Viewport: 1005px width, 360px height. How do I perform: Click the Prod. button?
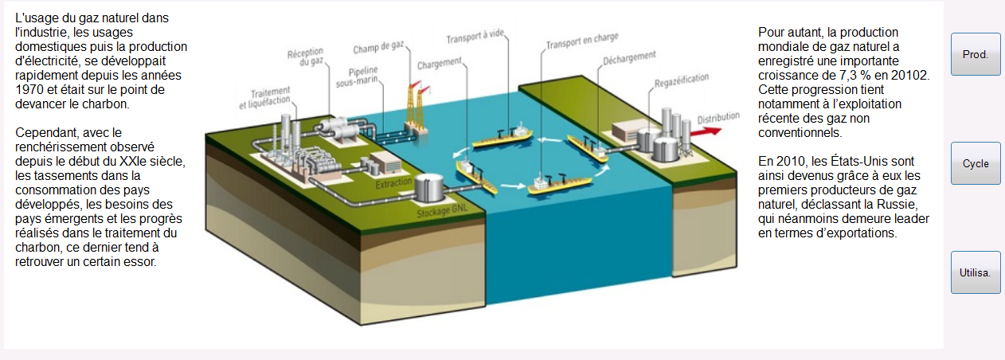(x=976, y=54)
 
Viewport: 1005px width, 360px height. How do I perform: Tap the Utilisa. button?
(x=976, y=272)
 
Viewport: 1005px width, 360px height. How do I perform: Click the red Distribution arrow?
(x=706, y=131)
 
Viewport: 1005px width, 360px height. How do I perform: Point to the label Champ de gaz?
(x=379, y=47)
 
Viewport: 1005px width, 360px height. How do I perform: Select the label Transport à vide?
(x=475, y=37)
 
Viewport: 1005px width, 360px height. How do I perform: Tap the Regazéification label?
(x=682, y=80)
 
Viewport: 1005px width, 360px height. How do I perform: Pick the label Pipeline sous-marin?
(x=358, y=77)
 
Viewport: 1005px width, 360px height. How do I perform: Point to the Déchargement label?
(x=629, y=58)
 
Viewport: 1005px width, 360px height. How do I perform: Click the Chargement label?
(x=440, y=64)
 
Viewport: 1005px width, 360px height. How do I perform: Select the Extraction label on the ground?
(x=393, y=183)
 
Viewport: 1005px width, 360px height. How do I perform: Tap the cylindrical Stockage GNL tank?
(x=428, y=187)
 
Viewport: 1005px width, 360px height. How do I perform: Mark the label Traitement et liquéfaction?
(x=264, y=98)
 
